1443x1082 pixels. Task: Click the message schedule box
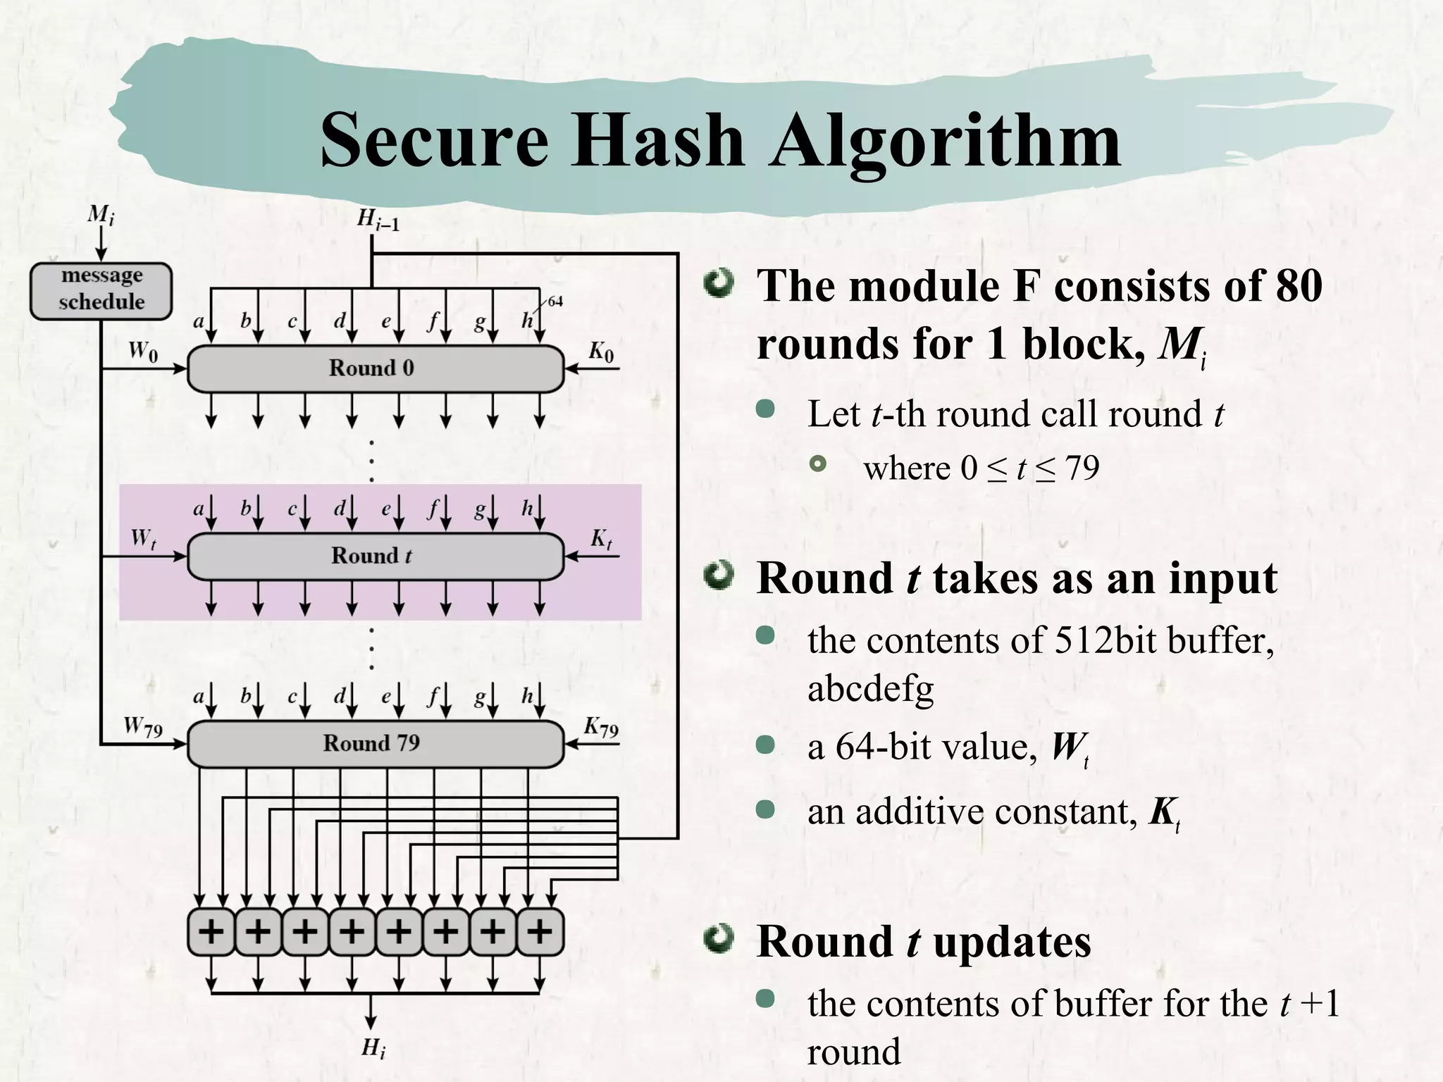101,290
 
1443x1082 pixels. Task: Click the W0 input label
143,350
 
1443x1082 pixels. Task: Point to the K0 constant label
600,351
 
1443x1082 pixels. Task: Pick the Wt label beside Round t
143,539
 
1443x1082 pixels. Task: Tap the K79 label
600,727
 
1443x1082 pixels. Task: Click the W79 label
143,726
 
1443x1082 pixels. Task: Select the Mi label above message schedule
101,214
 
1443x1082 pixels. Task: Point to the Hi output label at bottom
373,1048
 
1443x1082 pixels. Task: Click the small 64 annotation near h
555,301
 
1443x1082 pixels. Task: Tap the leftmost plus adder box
211,932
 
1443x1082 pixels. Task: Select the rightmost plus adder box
540,932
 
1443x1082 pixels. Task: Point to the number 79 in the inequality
1082,468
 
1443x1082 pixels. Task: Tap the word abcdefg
870,688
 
